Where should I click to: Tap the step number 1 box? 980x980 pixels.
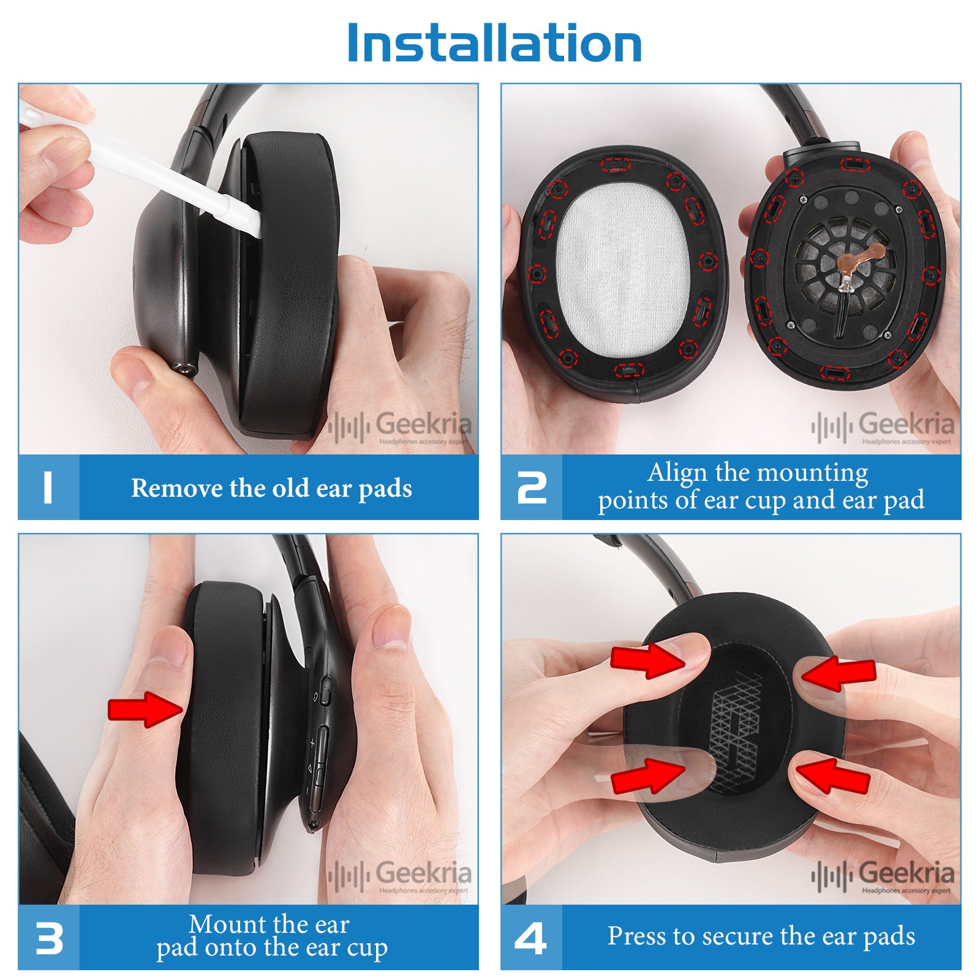(x=49, y=488)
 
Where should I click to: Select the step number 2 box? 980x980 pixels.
(x=532, y=488)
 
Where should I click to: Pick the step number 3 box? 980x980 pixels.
(x=49, y=938)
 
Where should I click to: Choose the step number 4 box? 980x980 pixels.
(x=532, y=938)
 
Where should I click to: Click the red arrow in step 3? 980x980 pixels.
(x=146, y=710)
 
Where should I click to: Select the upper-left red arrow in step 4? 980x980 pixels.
(x=648, y=660)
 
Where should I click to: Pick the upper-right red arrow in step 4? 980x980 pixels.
(x=838, y=674)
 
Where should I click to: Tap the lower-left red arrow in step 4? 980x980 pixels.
(x=648, y=776)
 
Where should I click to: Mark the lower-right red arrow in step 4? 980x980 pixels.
(x=833, y=775)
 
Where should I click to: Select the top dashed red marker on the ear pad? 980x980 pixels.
(x=616, y=164)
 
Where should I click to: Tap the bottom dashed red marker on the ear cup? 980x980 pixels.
(x=835, y=372)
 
